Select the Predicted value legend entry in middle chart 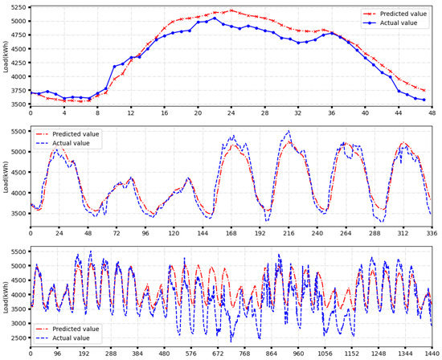(80, 134)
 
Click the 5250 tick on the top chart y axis (15, 8)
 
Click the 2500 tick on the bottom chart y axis (15, 337)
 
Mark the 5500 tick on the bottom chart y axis (15, 252)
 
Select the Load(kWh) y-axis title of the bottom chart (6, 296)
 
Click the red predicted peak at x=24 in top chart (231, 10)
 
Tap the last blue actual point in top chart (424, 100)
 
